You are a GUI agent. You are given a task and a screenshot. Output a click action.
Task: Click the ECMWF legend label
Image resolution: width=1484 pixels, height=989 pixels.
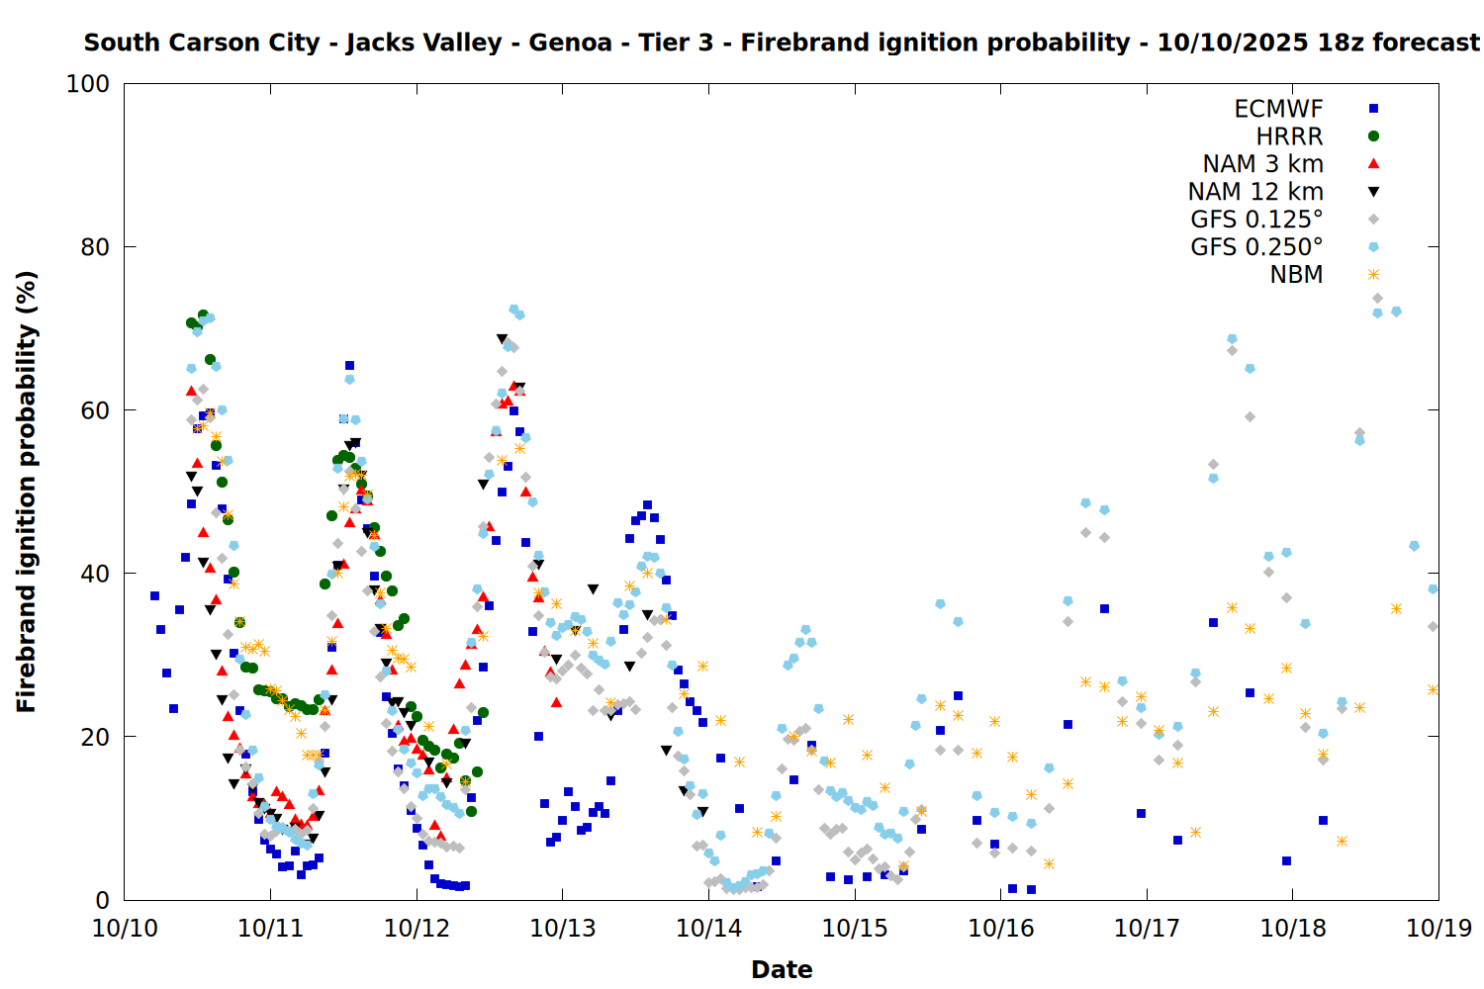pyautogui.click(x=1278, y=109)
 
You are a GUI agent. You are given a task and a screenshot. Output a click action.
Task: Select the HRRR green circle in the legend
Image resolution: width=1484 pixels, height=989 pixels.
pyautogui.click(x=1373, y=136)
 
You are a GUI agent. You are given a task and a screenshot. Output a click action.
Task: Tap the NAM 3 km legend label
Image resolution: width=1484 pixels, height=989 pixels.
pyautogui.click(x=1262, y=164)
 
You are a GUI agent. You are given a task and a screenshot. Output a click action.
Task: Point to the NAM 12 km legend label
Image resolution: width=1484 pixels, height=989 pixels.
pyautogui.click(x=1255, y=192)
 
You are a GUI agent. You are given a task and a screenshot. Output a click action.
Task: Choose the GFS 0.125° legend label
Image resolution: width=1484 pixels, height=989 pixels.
pyautogui.click(x=1256, y=220)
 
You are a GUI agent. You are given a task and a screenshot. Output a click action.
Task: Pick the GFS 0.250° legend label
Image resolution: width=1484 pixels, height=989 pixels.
pyautogui.click(x=1256, y=247)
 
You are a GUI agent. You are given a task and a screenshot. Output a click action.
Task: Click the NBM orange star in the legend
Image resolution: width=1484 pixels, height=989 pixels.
pyautogui.click(x=1373, y=275)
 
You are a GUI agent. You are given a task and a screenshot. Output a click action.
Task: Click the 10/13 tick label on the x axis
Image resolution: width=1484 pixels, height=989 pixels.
pyautogui.click(x=563, y=929)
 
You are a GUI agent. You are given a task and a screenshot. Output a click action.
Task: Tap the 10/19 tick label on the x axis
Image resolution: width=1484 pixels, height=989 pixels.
pyautogui.click(x=1438, y=929)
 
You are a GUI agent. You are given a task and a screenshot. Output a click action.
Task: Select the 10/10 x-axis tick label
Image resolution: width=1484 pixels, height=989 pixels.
pyautogui.click(x=125, y=929)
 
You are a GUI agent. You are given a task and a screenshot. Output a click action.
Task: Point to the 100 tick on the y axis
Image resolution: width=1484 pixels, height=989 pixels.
pyautogui.click(x=88, y=84)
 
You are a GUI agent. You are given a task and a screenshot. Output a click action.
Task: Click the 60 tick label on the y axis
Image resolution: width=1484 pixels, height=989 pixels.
pyautogui.click(x=95, y=410)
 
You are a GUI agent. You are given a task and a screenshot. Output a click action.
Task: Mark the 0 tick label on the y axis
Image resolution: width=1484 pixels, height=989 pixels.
pyautogui.click(x=102, y=900)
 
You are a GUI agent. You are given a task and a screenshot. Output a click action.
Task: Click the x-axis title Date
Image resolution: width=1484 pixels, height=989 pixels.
pyautogui.click(x=782, y=969)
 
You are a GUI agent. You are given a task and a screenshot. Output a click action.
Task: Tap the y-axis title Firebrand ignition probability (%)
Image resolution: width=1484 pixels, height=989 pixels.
pyautogui.click(x=27, y=492)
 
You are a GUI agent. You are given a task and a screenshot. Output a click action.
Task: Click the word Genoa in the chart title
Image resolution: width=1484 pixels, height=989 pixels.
pyautogui.click(x=570, y=44)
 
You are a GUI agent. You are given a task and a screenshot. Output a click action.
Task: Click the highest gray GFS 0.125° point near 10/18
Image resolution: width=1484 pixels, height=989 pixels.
pyautogui.click(x=1377, y=298)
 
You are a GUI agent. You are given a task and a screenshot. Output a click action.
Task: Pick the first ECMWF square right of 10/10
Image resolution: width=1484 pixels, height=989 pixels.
pyautogui.click(x=154, y=595)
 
